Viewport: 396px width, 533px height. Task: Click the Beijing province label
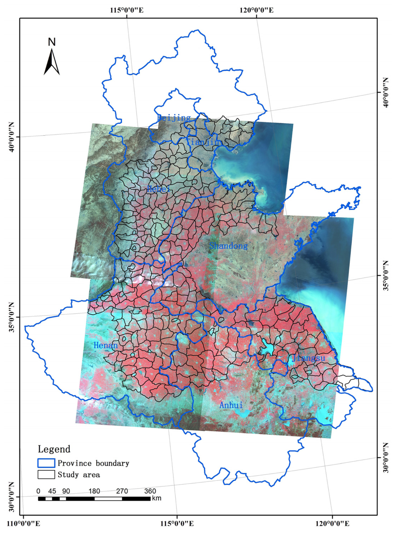174,117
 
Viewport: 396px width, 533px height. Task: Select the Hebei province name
159,189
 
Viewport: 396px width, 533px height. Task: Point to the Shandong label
228,246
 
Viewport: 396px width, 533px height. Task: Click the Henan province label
106,345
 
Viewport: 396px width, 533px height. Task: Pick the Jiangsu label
309,358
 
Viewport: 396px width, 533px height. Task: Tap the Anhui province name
231,405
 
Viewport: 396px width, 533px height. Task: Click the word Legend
54,449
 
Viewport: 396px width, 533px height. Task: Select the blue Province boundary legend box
46,463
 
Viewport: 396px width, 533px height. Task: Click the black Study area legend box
46,474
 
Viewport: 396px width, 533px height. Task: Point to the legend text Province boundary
93,463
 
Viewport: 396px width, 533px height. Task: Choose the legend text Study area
79,475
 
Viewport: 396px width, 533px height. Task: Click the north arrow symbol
51,62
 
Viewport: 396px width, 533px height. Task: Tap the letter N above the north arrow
52,42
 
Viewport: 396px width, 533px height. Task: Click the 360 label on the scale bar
150,491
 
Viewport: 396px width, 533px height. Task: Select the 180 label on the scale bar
94,491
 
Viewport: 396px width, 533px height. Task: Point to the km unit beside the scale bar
157,498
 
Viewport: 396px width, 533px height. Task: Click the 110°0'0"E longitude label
24,524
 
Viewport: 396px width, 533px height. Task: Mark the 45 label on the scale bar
52,491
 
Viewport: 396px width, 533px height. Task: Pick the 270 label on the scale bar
122,491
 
